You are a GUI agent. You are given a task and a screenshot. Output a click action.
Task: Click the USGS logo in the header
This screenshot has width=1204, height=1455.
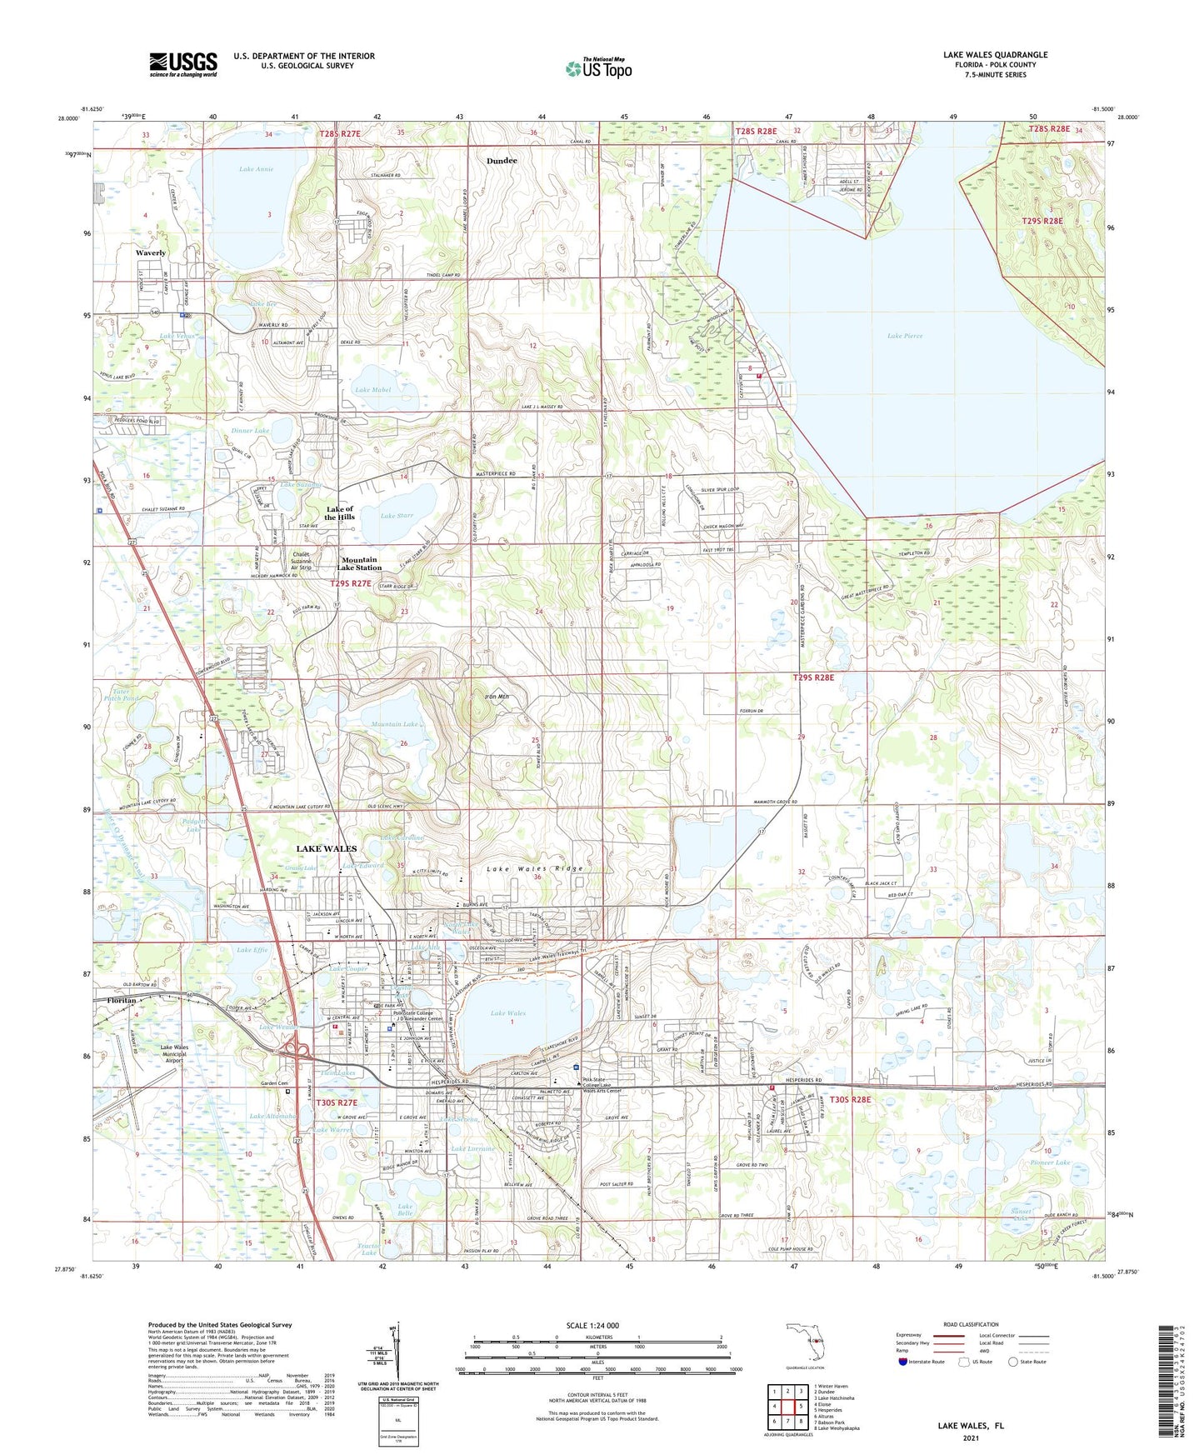point(183,64)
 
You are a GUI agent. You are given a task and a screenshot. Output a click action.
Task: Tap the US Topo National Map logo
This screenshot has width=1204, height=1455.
point(598,68)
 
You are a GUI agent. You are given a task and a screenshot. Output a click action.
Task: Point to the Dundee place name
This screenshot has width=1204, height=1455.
point(502,161)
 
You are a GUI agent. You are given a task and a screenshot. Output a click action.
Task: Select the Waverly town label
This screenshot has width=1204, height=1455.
point(151,252)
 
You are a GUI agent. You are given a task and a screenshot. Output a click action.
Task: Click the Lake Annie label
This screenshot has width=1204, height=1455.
point(256,169)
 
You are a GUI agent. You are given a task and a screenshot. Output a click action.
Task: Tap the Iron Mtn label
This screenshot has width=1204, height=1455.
point(496,697)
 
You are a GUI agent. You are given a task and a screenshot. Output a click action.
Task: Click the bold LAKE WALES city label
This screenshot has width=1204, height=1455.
point(327,848)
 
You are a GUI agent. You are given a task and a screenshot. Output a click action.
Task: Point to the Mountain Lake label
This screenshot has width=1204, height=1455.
point(394,724)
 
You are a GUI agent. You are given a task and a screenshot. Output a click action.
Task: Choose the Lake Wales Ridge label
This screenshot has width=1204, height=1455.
point(534,868)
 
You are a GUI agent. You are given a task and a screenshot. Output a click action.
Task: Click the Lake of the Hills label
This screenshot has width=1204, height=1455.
point(340,512)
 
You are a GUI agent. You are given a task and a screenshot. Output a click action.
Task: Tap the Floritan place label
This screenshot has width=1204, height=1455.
point(114,999)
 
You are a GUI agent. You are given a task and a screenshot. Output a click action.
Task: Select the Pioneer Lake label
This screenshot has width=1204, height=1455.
point(1049,1162)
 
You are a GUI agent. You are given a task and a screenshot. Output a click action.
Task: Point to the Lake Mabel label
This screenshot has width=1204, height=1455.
point(372,390)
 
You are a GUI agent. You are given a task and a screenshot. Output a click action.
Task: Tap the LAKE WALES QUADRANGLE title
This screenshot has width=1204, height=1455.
point(995,55)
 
